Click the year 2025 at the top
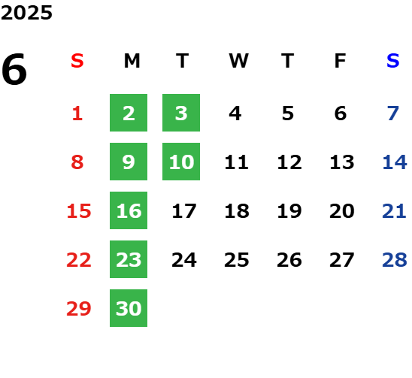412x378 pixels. click(26, 13)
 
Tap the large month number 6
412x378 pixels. click(14, 69)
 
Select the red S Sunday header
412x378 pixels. click(77, 61)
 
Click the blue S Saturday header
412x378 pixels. click(393, 61)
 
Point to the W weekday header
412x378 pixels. click(238, 61)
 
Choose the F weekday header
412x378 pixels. click(341, 61)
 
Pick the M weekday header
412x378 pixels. click(132, 61)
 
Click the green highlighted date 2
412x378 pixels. click(129, 113)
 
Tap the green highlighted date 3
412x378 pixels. click(181, 113)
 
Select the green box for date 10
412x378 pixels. click(181, 162)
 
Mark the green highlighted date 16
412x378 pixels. click(129, 210)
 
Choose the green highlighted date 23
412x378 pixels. click(129, 259)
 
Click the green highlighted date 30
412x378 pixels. click(129, 308)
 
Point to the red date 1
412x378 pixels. click(77, 113)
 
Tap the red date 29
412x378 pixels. click(79, 308)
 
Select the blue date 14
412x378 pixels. click(395, 162)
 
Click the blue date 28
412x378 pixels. click(395, 260)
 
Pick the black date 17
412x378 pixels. click(184, 211)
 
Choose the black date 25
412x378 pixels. click(237, 260)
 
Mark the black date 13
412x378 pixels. click(342, 162)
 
